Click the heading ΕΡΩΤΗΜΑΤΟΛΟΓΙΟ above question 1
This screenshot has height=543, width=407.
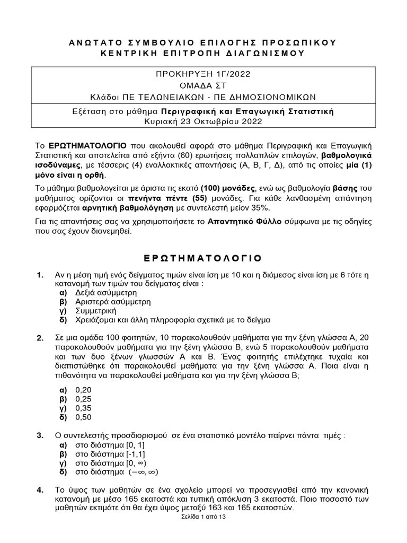tap(203, 258)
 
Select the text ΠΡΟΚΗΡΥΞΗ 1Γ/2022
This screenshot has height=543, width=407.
tap(203, 74)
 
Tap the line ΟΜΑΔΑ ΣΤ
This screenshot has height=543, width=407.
tap(203, 85)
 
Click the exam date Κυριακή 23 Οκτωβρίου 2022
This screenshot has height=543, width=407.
tap(203, 121)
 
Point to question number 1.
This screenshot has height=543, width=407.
tap(40, 275)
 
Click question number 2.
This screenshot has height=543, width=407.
tap(40, 338)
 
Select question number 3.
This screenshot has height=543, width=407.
tap(40, 435)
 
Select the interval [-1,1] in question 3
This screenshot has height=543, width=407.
tap(132, 454)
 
